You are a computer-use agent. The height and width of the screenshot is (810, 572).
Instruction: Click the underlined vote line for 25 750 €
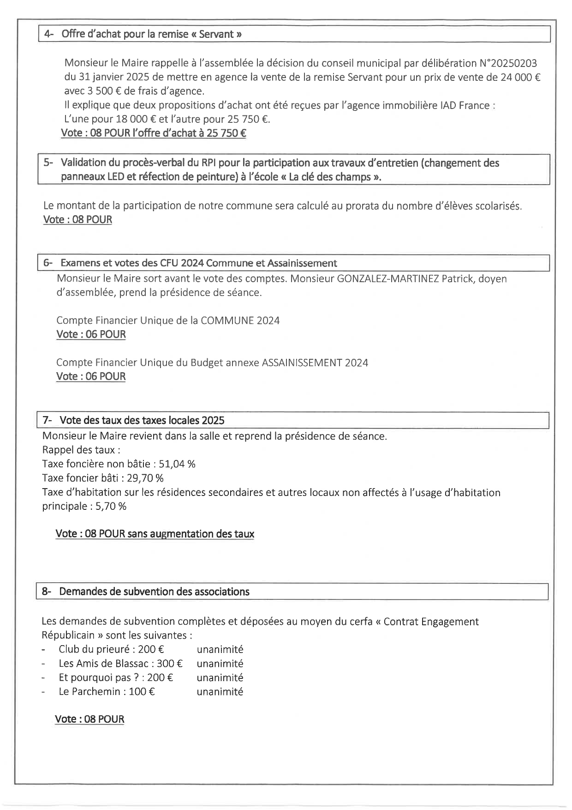point(153,133)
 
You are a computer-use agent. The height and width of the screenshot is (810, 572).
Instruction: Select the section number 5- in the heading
point(48,163)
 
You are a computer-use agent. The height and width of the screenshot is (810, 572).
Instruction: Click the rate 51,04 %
point(177,464)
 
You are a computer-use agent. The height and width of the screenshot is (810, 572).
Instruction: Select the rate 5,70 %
point(111,506)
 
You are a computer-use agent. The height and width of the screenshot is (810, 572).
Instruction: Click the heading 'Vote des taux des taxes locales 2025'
point(142,420)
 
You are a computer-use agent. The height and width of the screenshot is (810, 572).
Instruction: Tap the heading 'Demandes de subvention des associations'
point(154,592)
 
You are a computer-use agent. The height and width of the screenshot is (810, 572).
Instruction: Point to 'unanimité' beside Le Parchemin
point(220,692)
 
